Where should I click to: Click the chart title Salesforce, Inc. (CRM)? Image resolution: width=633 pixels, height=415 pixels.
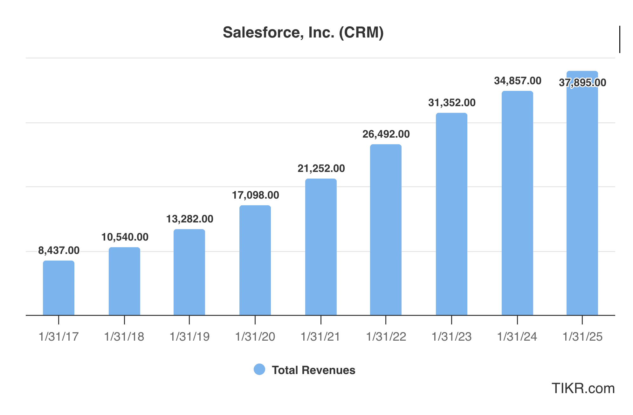click(x=303, y=32)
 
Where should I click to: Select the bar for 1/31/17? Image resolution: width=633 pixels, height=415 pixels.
click(x=58, y=288)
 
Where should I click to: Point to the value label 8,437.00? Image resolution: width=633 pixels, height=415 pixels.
click(x=59, y=250)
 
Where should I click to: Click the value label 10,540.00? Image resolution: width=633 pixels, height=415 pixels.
click(x=125, y=237)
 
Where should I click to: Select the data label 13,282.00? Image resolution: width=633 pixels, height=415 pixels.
click(x=190, y=219)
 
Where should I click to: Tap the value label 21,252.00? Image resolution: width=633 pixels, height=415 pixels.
click(x=321, y=168)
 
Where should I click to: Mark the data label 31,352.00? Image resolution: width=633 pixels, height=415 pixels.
click(x=452, y=103)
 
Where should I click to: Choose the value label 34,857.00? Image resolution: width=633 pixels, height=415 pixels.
click(x=518, y=81)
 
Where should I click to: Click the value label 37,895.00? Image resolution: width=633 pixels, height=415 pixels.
click(x=582, y=83)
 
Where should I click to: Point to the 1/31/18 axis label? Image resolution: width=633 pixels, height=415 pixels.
click(x=124, y=337)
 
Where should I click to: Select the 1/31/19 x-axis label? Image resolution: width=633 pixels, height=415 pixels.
click(x=189, y=337)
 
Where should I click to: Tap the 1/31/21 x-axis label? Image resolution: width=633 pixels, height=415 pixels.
click(x=320, y=337)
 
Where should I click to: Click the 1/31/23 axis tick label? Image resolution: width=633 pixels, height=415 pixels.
click(x=451, y=337)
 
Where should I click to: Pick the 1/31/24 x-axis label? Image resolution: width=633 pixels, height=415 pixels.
click(x=517, y=337)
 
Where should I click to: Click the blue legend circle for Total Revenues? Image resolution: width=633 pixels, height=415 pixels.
click(x=259, y=370)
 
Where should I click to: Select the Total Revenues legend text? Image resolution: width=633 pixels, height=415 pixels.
click(x=313, y=370)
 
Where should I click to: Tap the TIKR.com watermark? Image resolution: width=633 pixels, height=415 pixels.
click(x=583, y=388)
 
